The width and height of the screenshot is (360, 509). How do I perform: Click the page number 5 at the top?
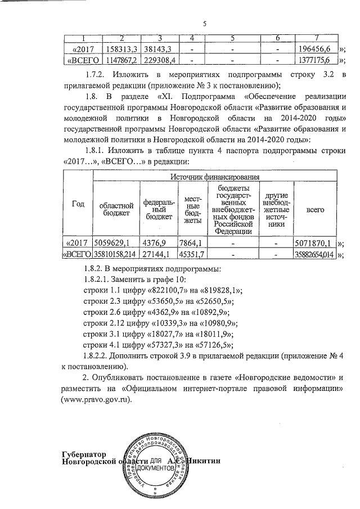pos(205,24)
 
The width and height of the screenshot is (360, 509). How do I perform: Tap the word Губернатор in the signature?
pos(83,454)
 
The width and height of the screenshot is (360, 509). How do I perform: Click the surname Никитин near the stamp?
pos(209,462)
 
